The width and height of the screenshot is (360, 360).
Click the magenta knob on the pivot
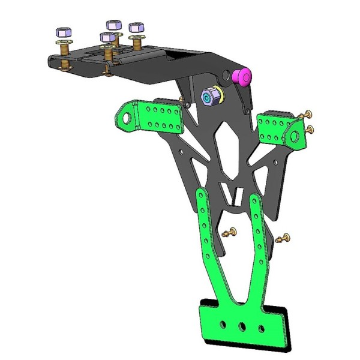tap(243, 76)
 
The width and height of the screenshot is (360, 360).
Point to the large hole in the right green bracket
tap(295, 136)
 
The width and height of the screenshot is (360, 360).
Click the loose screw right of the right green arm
tap(282, 239)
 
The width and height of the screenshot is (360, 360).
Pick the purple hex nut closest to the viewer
tap(107, 38)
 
